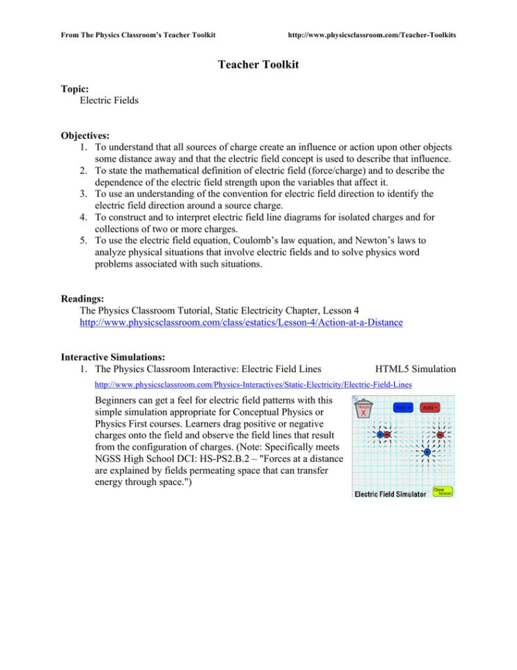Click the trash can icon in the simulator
point(363,410)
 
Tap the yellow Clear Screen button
point(442,491)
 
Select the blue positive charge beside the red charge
point(380,435)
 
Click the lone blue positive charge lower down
point(427,452)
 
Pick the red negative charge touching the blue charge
point(387,435)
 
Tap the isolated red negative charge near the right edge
point(440,434)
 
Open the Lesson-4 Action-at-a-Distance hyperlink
point(241,323)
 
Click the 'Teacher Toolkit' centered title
point(258,64)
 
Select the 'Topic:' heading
point(75,89)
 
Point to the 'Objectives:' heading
point(85,135)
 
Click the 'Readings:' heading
point(82,299)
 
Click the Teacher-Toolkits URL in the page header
point(371,35)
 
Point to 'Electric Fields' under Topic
point(109,101)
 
